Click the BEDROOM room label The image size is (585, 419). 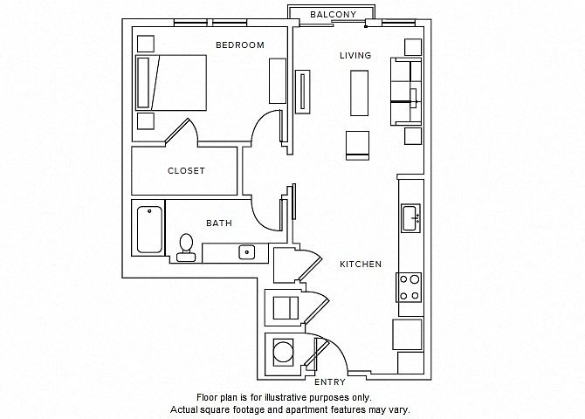(240, 45)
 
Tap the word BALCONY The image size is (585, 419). (334, 15)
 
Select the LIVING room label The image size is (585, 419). (355, 56)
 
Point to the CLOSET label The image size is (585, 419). (186, 171)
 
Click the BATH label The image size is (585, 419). (219, 223)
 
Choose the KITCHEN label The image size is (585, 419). (361, 264)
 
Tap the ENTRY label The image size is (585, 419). (330, 382)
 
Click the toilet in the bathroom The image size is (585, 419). (186, 247)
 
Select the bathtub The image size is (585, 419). (149, 230)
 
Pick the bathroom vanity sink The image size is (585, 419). (246, 252)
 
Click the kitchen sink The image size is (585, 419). (410, 218)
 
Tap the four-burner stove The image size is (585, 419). (409, 287)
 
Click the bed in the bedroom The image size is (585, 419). (171, 83)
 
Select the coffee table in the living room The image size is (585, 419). (359, 93)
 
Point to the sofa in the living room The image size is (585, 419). (406, 91)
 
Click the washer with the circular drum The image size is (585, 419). (283, 353)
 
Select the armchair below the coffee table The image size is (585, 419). (357, 146)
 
